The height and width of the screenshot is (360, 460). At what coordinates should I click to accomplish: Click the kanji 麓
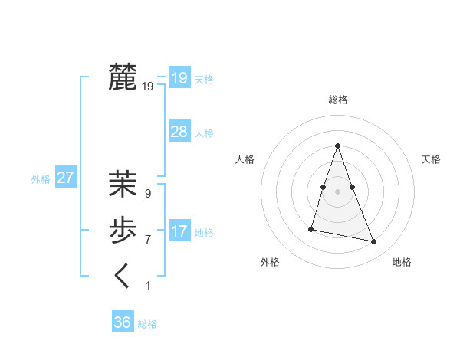(123, 77)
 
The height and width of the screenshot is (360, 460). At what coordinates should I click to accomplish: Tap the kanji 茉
(123, 184)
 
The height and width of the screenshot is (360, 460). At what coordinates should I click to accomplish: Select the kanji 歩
(123, 230)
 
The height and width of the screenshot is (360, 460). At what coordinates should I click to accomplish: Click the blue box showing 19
(179, 77)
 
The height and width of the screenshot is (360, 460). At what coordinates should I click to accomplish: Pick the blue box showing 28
(179, 131)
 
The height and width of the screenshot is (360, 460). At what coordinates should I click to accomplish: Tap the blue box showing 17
(179, 231)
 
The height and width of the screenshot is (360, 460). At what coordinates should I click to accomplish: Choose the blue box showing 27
(65, 178)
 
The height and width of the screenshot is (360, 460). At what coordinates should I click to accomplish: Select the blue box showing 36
(122, 322)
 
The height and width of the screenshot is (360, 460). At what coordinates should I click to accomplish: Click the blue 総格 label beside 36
(147, 324)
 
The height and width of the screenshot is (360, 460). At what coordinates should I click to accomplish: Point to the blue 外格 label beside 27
(41, 179)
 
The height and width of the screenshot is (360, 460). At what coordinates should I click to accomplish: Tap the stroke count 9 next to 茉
(148, 194)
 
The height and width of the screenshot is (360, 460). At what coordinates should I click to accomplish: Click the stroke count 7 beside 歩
(148, 240)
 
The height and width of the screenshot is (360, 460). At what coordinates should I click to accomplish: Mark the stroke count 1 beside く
(148, 286)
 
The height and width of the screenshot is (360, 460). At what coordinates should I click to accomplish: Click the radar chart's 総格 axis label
(337, 100)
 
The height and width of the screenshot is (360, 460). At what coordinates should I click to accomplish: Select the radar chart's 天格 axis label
(431, 159)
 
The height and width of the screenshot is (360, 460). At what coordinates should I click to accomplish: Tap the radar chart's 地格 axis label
(402, 262)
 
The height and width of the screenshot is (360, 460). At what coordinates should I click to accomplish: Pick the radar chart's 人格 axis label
(245, 159)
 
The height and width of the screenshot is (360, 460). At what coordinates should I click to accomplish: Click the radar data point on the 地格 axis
(374, 242)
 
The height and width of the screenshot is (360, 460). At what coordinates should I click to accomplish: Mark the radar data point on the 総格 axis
(337, 146)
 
